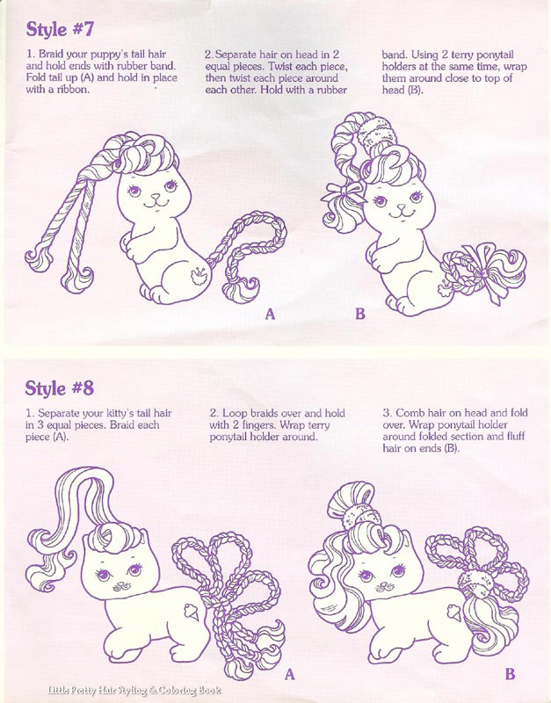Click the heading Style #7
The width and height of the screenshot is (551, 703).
pos(60,29)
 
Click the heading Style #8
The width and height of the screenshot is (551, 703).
pos(59,388)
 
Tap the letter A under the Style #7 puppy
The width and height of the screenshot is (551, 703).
pos(270,314)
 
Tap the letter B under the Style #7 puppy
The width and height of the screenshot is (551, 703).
pos(360,314)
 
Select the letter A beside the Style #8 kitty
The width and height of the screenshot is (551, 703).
pos(290,674)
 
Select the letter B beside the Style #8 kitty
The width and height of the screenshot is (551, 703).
pos(510,674)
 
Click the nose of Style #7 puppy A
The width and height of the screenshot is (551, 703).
pos(156,196)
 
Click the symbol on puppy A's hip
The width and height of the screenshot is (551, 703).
pos(198,275)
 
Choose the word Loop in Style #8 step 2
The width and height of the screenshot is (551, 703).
pos(233,413)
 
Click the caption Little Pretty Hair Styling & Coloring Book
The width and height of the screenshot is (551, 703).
pos(134,691)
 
